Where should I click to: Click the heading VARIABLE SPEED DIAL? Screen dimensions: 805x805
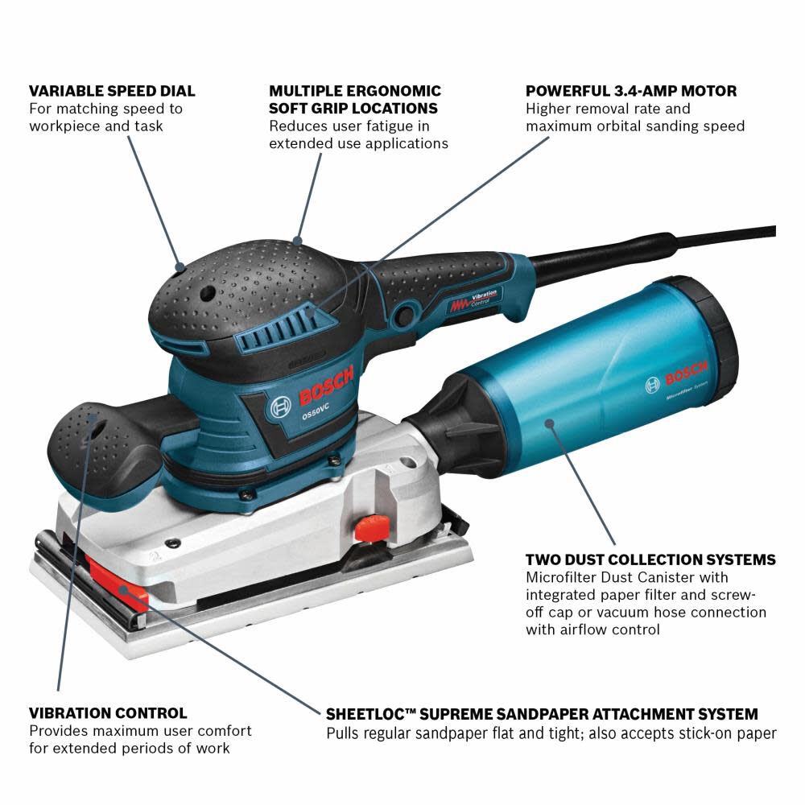[x=112, y=91]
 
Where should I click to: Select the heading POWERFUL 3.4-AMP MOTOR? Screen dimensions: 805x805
[x=631, y=91]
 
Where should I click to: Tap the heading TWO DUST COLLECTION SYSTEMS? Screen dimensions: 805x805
[x=650, y=559]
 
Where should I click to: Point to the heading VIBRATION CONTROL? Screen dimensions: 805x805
[x=108, y=713]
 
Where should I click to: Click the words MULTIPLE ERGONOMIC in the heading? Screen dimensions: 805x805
[x=355, y=91]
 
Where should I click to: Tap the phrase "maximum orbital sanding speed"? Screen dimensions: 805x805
[x=635, y=126]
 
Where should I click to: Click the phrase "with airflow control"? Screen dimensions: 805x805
[x=592, y=630]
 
